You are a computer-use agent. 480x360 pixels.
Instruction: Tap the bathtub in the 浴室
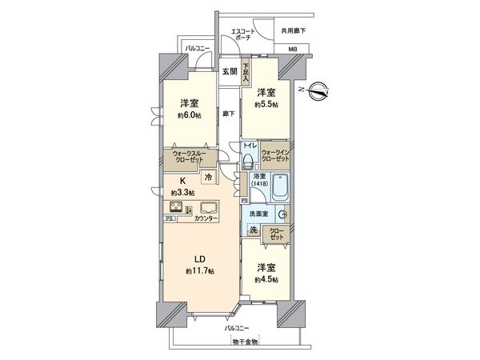(x=279, y=191)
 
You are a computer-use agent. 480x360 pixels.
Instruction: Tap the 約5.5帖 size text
(x=266, y=105)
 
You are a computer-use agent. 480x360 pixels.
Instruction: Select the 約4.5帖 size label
(x=266, y=280)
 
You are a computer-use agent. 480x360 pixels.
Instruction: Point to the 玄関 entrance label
(x=230, y=71)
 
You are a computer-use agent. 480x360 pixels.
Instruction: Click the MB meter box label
(x=292, y=50)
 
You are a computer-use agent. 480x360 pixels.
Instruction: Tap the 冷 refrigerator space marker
(x=208, y=177)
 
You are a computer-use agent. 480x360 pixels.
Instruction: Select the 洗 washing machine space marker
(x=253, y=231)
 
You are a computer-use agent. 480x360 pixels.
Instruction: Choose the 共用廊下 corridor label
(x=293, y=30)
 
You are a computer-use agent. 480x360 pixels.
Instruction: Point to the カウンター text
(x=206, y=218)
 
